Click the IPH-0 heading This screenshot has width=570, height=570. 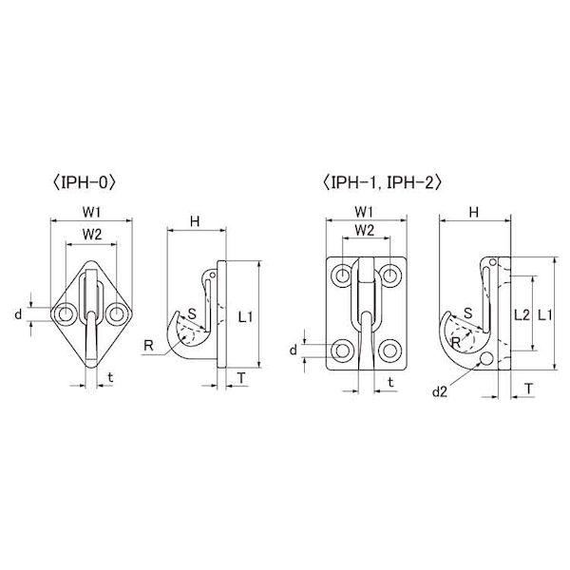(x=84, y=182)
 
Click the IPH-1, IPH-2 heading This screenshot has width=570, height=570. (x=381, y=182)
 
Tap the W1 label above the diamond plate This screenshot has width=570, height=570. (x=91, y=212)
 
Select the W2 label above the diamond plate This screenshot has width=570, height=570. (x=92, y=235)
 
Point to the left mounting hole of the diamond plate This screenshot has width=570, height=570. (x=66, y=313)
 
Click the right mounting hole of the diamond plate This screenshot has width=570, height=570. (x=116, y=313)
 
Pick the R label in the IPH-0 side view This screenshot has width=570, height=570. (x=148, y=346)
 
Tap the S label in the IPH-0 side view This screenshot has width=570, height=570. (x=192, y=313)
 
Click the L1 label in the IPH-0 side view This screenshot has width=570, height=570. (x=245, y=317)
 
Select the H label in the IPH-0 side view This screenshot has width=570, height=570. (x=195, y=221)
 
